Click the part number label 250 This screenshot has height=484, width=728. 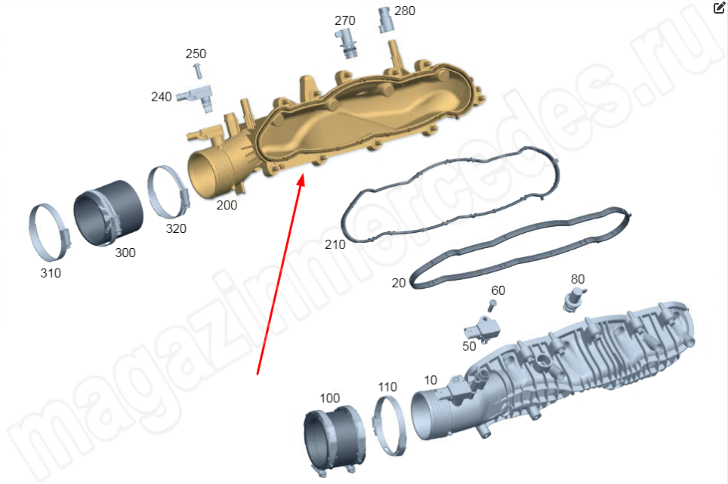[x=196, y=54]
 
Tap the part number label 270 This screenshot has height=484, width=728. [x=344, y=21]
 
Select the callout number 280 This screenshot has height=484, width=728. [x=404, y=11]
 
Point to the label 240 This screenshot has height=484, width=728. [x=161, y=97]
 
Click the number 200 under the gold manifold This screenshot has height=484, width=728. [x=227, y=205]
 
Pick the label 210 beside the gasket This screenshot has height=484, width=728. [x=335, y=244]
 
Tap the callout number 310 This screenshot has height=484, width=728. [x=51, y=273]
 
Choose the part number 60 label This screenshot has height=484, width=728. [x=498, y=290]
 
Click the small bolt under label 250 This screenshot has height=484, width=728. [x=197, y=71]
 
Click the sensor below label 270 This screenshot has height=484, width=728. [x=347, y=43]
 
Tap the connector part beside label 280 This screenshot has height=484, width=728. [x=385, y=20]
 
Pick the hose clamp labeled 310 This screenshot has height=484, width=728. [x=50, y=232]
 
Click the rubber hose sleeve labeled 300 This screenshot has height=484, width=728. [x=109, y=213]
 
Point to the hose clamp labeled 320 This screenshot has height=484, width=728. [x=168, y=192]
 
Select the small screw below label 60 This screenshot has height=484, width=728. [x=492, y=306]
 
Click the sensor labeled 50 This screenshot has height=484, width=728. [x=483, y=328]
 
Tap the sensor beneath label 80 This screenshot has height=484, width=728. [x=574, y=299]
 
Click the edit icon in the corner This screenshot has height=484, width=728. [x=719, y=8]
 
